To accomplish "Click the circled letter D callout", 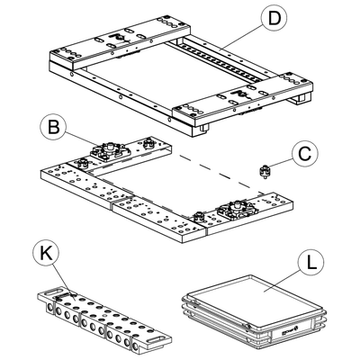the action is coord(274,18).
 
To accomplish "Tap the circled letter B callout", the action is coord(53,127).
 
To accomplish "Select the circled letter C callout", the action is coord(305,154).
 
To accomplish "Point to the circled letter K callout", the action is coord(46,254).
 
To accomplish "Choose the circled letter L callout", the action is coord(311,263).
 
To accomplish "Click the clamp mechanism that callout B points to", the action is coord(111,150).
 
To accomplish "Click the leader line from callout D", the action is coord(240,38).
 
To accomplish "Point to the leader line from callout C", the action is coord(280,164).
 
